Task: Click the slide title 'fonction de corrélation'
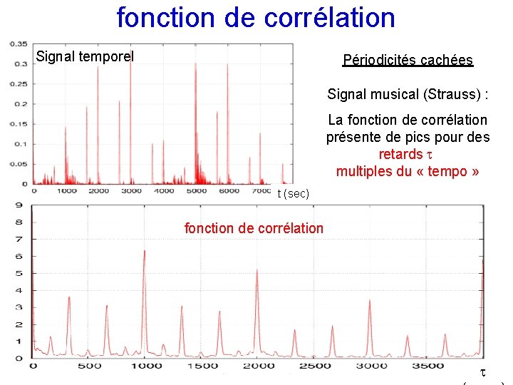click(256, 18)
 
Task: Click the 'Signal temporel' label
click(85, 56)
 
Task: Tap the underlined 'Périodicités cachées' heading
click(408, 60)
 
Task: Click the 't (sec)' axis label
click(293, 194)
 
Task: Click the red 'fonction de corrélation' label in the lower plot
click(254, 228)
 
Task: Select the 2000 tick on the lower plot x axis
click(257, 366)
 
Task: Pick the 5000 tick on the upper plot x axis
click(196, 191)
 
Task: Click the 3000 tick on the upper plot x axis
click(131, 191)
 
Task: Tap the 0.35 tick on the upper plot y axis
click(19, 45)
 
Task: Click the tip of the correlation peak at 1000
click(145, 251)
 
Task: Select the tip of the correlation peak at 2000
click(257, 270)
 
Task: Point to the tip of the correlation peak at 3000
click(370, 301)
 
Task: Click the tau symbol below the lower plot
click(482, 372)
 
